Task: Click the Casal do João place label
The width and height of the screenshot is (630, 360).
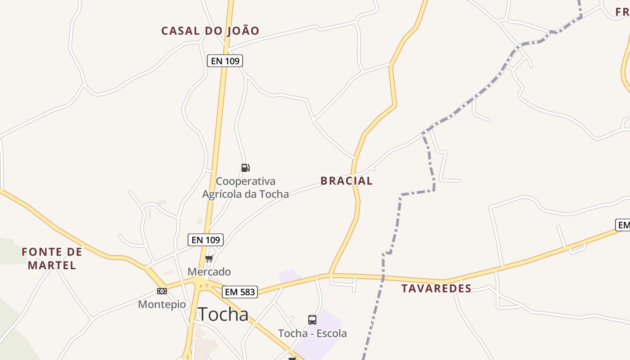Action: pos(210,31)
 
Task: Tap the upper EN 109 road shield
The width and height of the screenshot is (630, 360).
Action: pos(225,61)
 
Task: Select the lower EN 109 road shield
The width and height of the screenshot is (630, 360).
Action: pos(206,240)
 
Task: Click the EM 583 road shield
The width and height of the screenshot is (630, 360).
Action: pos(240,292)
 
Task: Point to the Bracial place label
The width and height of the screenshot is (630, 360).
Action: pos(346,181)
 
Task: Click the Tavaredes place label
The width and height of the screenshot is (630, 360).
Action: pos(436,288)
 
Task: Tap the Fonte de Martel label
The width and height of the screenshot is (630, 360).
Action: pos(52,258)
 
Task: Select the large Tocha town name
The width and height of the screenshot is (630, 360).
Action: pos(223,314)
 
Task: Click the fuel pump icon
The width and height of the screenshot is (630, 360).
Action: pos(245,168)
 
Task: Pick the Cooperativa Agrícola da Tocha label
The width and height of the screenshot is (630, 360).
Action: pos(245,188)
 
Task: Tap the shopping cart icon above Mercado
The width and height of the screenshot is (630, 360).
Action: pos(209,258)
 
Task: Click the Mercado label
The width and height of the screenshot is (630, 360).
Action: pos(209,272)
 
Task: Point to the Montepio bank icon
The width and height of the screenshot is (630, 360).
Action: pos(162,291)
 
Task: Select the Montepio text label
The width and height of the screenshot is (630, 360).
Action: pos(162,305)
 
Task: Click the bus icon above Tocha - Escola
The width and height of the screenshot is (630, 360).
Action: pos(312,320)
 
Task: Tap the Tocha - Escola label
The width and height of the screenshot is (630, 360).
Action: pos(312,333)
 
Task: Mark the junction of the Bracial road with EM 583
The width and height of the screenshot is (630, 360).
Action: pos(330,274)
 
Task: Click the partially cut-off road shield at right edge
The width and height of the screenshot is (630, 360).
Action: pos(623,225)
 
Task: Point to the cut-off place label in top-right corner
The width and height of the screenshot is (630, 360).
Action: pos(623,12)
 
